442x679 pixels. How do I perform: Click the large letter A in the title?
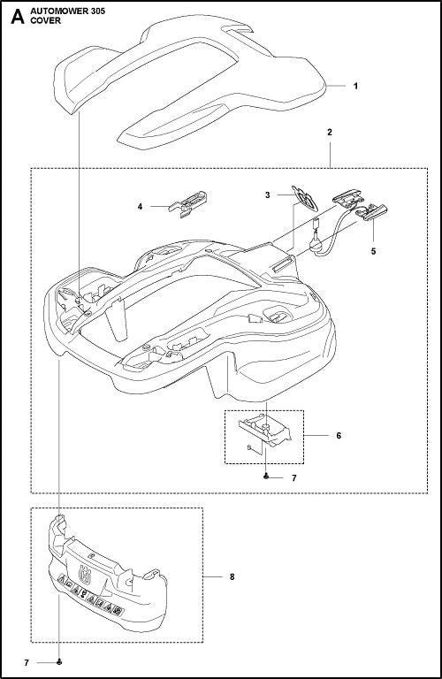pos(17,17)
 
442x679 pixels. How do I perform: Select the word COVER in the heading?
pos(46,21)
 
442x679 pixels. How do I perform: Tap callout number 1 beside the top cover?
pos(355,86)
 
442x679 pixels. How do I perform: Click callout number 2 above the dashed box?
pos(330,133)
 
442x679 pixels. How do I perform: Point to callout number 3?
pos(268,195)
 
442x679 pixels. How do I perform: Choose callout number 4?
pos(140,207)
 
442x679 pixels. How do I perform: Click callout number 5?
pos(373,251)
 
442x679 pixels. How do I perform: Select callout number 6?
pos(339,435)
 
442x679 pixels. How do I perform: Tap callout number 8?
pos(232,576)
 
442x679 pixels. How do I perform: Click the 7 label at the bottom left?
pos(27,663)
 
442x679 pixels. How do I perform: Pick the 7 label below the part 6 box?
pos(294,478)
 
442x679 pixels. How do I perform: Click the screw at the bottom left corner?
pos(59,662)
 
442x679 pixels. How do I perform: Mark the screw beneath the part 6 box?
pos(266,477)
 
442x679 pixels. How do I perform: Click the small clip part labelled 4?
pos(188,203)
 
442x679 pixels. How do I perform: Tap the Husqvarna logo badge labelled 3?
pos(305,198)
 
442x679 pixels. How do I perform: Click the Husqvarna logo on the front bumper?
pos(85,575)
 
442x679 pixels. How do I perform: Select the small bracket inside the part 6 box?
pos(264,430)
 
